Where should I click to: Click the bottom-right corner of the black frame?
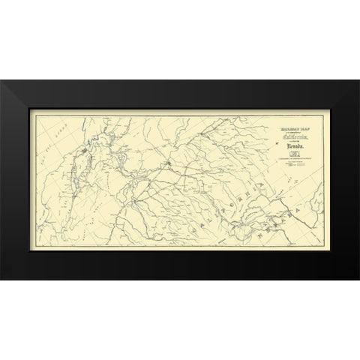coord(358,279)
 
